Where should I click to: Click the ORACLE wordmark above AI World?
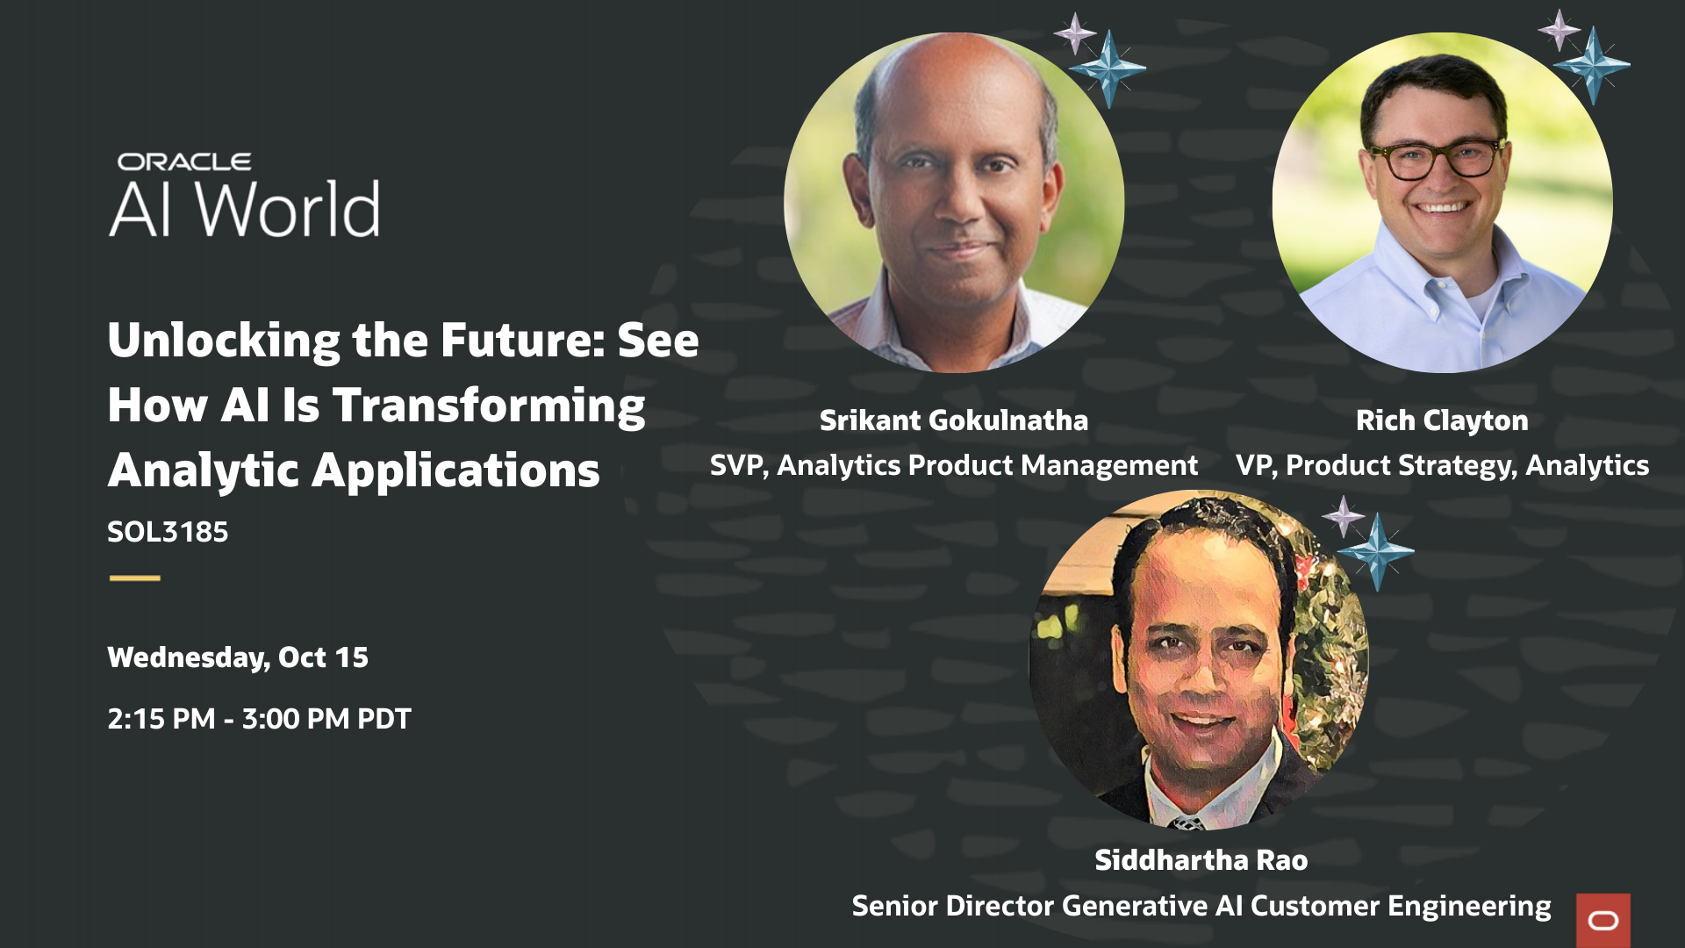184,162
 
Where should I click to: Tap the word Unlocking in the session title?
224,341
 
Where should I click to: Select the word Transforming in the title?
489,406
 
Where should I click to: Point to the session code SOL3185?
168,532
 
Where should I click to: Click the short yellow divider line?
135,578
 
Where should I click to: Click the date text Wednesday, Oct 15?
238,657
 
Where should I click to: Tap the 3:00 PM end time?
295,719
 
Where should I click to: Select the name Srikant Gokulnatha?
953,420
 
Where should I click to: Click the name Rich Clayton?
1442,420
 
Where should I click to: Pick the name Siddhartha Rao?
1201,860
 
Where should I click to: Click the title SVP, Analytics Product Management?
953,465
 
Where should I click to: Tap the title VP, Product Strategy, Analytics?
1442,465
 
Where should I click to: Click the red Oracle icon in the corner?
1603,920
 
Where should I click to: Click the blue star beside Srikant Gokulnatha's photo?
1108,68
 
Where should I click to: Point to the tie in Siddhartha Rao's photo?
1187,822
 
